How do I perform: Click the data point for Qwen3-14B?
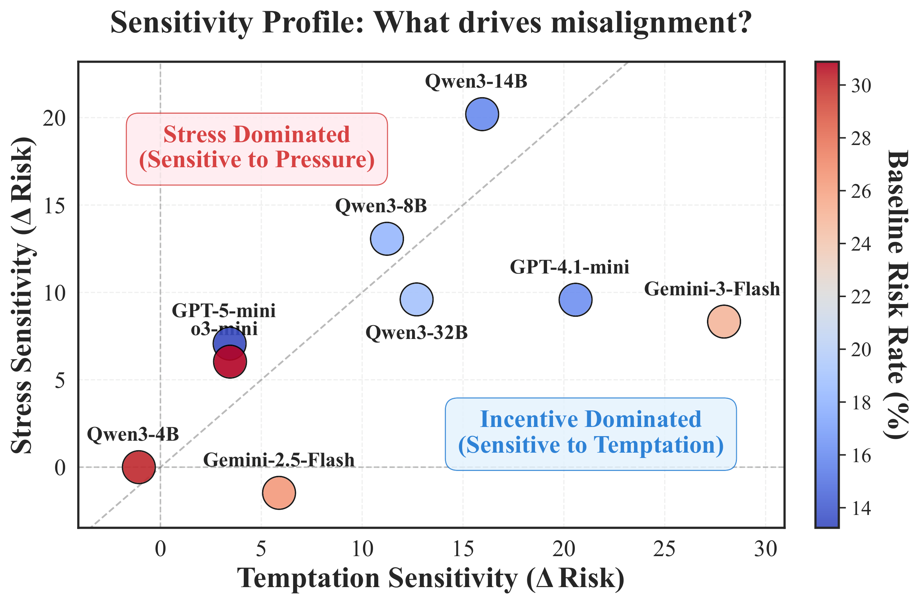tap(482, 114)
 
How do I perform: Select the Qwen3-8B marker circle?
tap(387, 239)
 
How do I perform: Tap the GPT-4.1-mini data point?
tap(575, 300)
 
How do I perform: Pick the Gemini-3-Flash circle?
tap(724, 321)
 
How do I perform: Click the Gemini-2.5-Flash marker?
tap(279, 493)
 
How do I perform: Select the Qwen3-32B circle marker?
tap(416, 300)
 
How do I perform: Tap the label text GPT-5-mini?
tap(224, 311)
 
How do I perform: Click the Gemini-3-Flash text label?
tap(712, 289)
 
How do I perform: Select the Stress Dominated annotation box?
tap(257, 149)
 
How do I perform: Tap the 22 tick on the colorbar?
tap(861, 297)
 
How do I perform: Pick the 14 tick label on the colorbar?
tap(861, 509)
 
